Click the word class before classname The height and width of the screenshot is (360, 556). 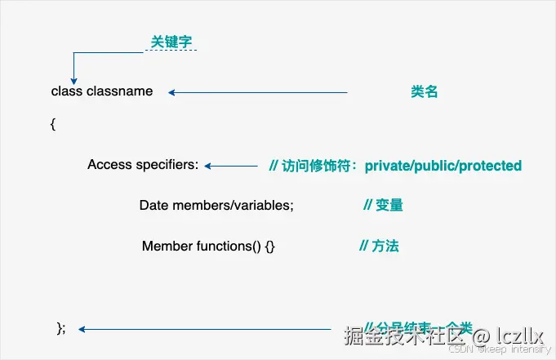click(67, 91)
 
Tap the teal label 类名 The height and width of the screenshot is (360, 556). click(425, 92)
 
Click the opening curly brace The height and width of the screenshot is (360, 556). click(53, 124)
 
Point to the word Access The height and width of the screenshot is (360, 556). click(109, 165)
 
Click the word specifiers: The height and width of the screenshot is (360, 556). click(167, 165)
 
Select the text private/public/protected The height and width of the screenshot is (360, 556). click(443, 166)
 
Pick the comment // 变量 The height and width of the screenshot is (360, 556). click(383, 205)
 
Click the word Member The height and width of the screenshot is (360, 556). click(167, 246)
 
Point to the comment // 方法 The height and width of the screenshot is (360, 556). click(379, 245)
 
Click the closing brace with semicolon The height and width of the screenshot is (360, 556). click(61, 328)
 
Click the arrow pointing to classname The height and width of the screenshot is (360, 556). click(258, 92)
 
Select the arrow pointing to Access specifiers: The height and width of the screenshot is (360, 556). click(231, 166)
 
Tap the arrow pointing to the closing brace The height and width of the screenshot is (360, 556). click(204, 330)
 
